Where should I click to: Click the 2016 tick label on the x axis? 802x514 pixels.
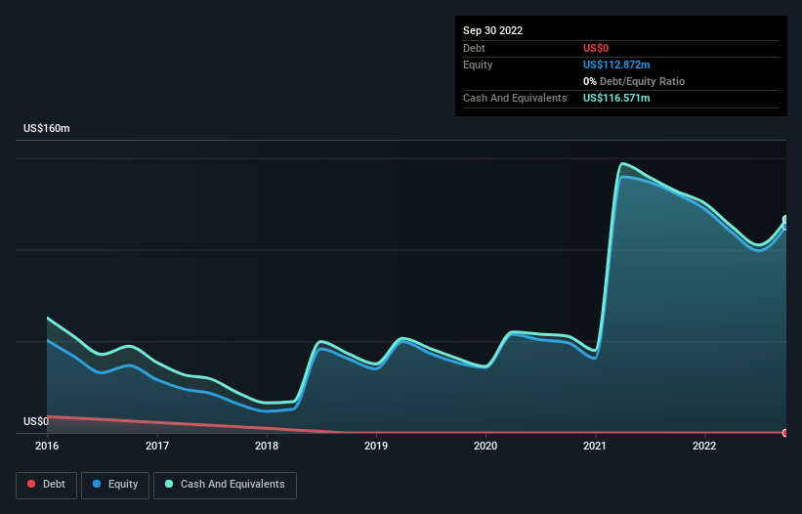coord(47,446)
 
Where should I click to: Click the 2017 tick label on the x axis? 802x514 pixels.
coord(157,446)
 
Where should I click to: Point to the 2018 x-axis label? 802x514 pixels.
coord(267,446)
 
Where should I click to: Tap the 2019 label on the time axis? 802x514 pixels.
coord(376,446)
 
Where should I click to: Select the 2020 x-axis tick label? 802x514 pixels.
coord(485,446)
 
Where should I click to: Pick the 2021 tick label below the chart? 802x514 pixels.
coord(595,446)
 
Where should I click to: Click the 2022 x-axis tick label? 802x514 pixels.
coord(704,446)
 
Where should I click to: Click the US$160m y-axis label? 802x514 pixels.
coord(47,129)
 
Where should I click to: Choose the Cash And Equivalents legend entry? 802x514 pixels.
coord(225,485)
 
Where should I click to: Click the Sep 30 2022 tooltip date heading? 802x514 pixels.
coord(492,30)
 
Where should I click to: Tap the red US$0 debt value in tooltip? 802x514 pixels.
coord(598,48)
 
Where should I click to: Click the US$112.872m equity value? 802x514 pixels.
coord(616,64)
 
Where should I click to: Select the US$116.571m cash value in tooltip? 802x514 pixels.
coord(616,99)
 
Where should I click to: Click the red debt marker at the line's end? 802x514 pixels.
coord(785,432)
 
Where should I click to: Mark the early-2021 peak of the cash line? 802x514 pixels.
coord(622,163)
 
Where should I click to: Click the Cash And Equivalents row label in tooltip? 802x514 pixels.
coord(515,99)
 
